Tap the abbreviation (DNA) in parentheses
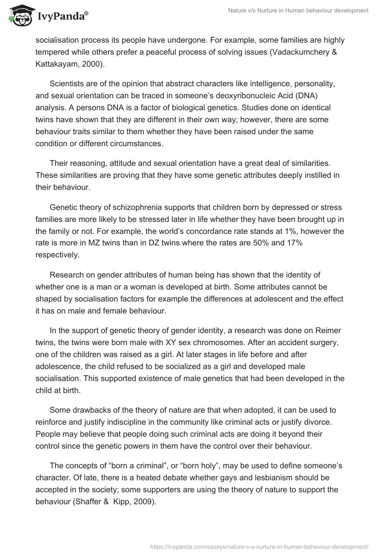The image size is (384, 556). [x=318, y=96]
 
